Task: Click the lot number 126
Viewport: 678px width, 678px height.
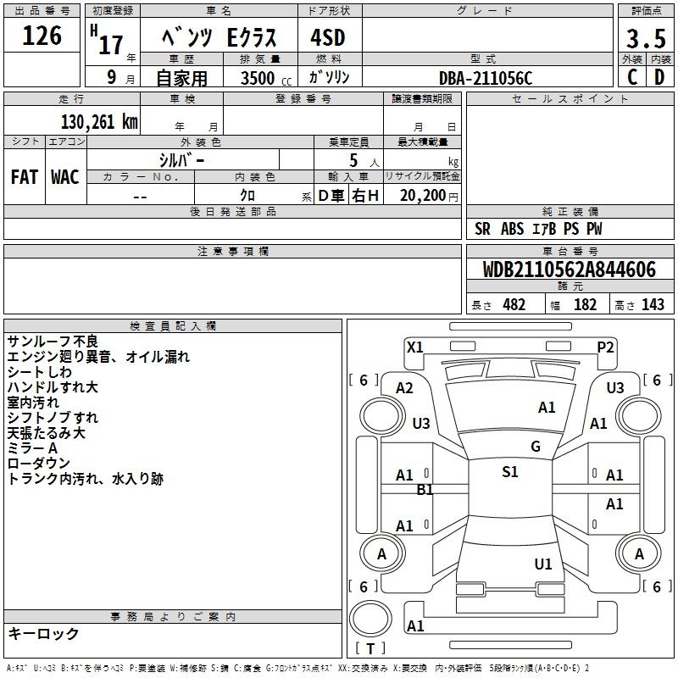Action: coord(42,36)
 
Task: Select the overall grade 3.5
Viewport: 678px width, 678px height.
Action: coord(646,38)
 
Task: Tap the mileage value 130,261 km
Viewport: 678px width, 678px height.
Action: coord(99,122)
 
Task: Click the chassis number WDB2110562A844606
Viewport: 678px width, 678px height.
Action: coord(570,270)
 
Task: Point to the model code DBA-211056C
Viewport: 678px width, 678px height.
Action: coord(486,78)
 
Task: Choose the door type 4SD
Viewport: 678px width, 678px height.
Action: coord(328,37)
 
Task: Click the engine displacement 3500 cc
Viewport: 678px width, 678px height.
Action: coord(266,78)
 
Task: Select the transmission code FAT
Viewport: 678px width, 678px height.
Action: coord(25,177)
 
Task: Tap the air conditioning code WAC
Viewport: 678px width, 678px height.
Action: coord(65,177)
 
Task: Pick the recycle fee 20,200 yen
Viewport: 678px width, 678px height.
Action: coord(429,196)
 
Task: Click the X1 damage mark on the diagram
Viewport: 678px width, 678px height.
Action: coord(415,347)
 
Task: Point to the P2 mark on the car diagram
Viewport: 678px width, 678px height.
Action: coord(605,347)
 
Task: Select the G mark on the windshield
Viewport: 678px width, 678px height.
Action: coord(536,447)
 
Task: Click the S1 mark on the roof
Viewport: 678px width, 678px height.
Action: coord(510,472)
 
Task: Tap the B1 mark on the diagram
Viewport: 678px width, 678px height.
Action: coord(425,490)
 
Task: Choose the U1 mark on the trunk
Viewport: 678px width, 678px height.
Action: coord(543,564)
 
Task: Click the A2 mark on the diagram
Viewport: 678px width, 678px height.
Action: coord(404,388)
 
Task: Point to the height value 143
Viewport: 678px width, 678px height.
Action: coord(653,304)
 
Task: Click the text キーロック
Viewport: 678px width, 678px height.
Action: coord(43,633)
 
